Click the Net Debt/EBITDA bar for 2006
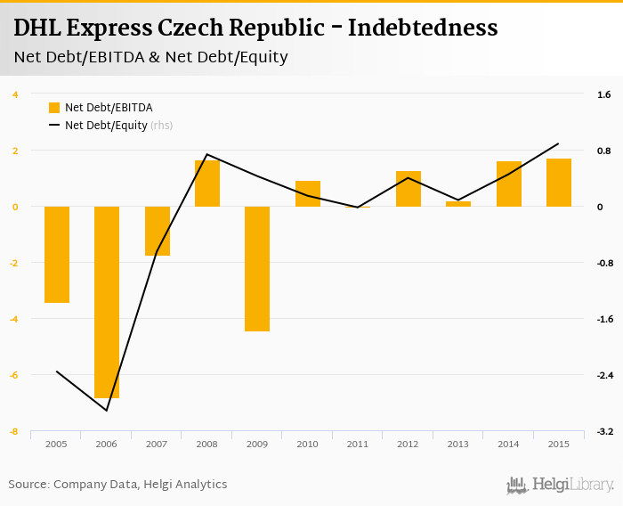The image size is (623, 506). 107,302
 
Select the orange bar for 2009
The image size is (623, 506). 257,268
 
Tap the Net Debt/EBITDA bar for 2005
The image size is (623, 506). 57,255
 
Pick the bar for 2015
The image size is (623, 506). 559,183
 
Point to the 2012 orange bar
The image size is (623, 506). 409,189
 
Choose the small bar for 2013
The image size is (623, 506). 458,204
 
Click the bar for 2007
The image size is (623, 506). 158,231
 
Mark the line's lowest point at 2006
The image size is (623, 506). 107,411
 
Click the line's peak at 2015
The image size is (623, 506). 558,143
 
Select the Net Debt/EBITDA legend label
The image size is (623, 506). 109,108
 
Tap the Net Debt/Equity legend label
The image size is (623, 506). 106,126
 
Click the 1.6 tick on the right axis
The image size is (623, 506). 603,94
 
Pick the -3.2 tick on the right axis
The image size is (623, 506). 604,431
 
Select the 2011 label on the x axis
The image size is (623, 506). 358,444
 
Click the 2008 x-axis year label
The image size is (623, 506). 207,444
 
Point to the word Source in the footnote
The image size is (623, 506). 28,485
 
